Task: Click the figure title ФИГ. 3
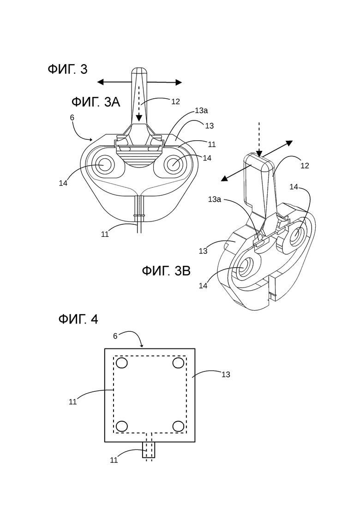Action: (x=67, y=70)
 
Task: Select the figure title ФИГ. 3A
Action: (x=96, y=102)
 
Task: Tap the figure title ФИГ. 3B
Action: (x=166, y=271)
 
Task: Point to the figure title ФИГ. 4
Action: (x=78, y=319)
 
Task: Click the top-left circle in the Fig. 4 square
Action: (x=122, y=363)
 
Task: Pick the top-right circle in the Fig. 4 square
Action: (x=178, y=363)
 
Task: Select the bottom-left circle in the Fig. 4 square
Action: (x=122, y=426)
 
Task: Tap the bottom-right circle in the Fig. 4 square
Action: (x=178, y=426)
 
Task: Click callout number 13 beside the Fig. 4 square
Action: (x=226, y=375)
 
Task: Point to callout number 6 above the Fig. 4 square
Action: (x=115, y=336)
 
